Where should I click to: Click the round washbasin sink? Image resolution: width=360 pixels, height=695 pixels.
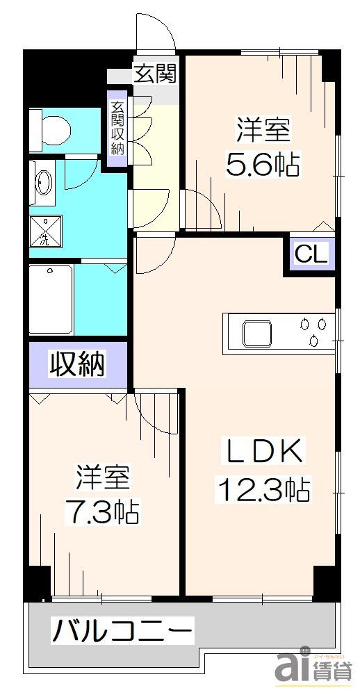click(x=43, y=183)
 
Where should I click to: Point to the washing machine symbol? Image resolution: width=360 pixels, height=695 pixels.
click(x=45, y=231)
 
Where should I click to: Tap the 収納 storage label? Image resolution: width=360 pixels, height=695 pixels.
click(x=76, y=363)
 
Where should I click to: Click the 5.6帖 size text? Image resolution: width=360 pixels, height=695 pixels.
click(x=263, y=165)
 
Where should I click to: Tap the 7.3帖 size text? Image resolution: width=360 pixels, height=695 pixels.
click(x=102, y=514)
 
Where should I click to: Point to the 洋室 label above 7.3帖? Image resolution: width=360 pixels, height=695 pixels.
click(x=102, y=479)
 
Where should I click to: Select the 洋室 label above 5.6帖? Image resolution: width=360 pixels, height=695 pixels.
click(x=263, y=130)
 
